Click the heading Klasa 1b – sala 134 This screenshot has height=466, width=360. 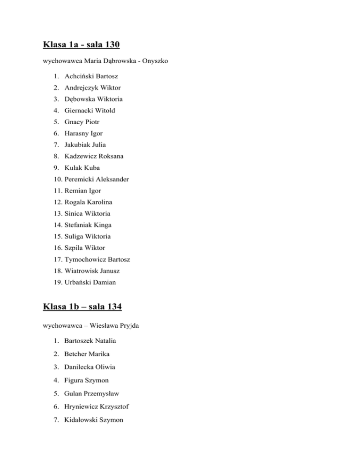(x=82, y=307)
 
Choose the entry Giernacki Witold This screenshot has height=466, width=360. (x=90, y=111)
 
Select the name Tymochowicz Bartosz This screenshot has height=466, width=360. (x=97, y=259)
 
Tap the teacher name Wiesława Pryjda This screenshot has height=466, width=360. (x=106, y=323)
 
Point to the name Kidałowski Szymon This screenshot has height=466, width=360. (x=94, y=421)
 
